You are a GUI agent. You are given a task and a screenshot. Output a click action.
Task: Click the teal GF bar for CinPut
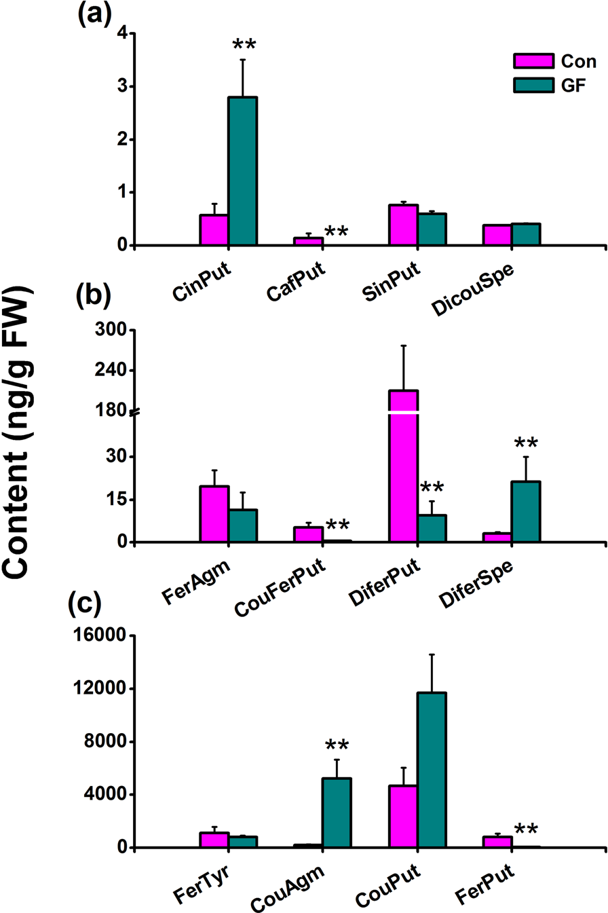pos(242,171)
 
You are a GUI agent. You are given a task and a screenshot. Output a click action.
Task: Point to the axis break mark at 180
pos(136,411)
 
